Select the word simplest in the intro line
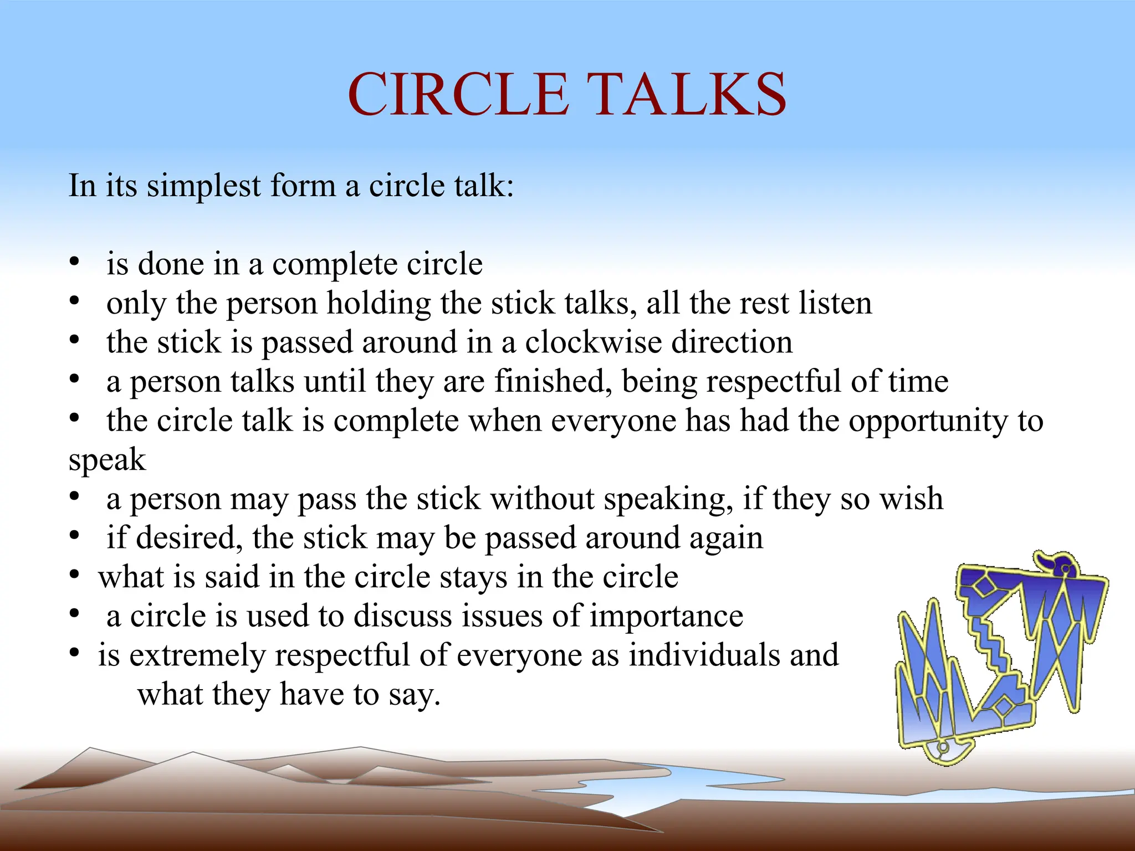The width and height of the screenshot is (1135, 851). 203,186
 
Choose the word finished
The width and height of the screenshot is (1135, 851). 553,381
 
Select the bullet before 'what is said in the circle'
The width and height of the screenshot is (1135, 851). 74,575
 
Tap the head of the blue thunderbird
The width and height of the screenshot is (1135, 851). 1061,566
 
